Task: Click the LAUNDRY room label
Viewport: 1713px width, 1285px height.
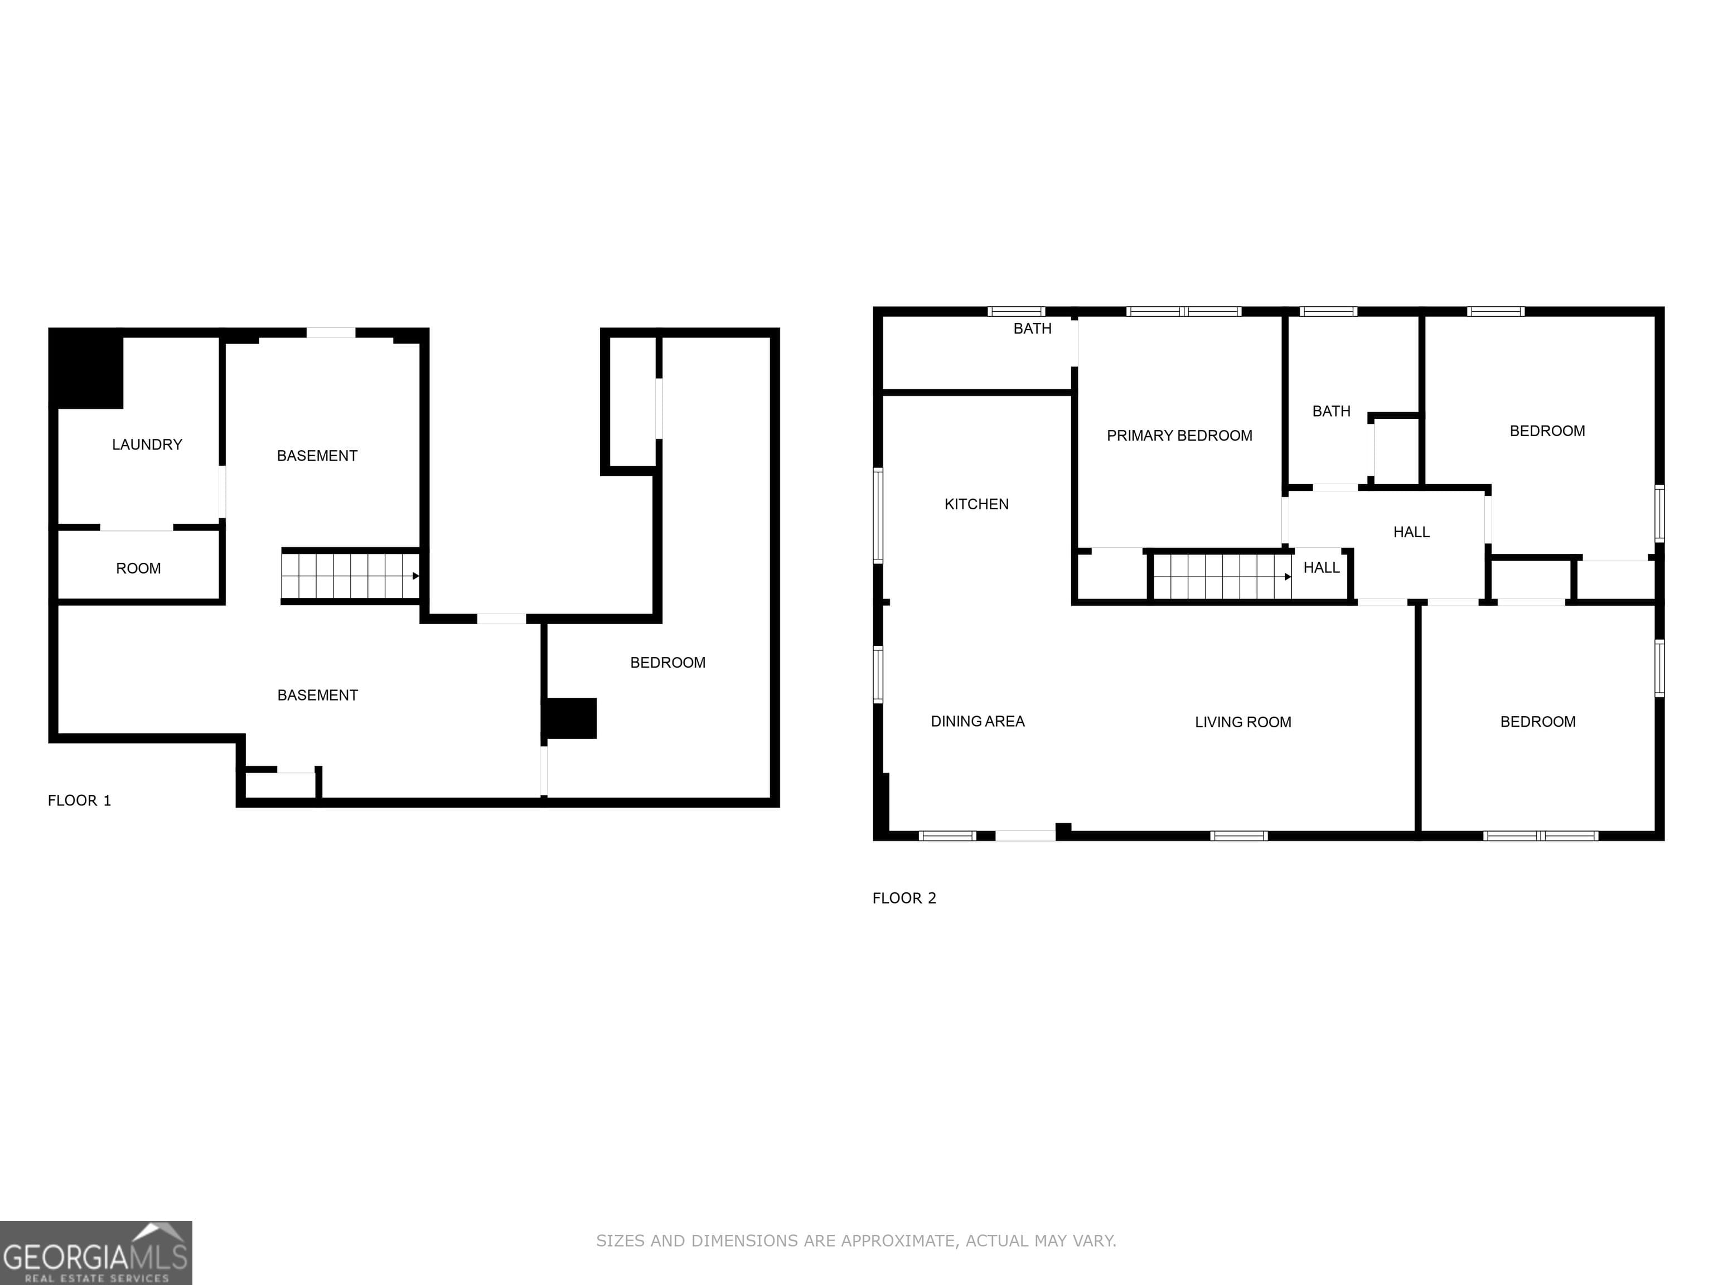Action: [147, 445]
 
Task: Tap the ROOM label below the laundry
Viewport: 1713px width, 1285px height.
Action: [139, 568]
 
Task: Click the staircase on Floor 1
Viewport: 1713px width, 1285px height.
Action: [350, 576]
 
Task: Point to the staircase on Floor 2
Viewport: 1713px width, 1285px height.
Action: [1221, 576]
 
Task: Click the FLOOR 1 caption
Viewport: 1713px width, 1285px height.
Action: [79, 801]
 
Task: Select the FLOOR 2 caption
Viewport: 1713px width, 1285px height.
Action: [904, 898]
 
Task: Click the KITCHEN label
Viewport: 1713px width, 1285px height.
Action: [976, 504]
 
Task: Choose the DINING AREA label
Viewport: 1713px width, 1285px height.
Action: [978, 721]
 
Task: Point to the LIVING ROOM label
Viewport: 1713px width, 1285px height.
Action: [1242, 722]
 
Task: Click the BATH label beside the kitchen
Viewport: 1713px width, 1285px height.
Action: [1032, 329]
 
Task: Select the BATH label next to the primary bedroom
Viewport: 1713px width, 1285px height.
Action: [1330, 411]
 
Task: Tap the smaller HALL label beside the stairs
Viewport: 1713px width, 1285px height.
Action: [1321, 568]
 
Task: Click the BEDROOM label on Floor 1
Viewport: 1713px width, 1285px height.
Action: [667, 662]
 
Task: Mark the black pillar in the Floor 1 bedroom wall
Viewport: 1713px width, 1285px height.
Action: [570, 718]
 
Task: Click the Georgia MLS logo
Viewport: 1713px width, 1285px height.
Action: [95, 1253]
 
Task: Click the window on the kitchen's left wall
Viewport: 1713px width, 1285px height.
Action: [878, 515]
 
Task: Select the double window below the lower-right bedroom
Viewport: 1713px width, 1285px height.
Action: [1540, 836]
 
